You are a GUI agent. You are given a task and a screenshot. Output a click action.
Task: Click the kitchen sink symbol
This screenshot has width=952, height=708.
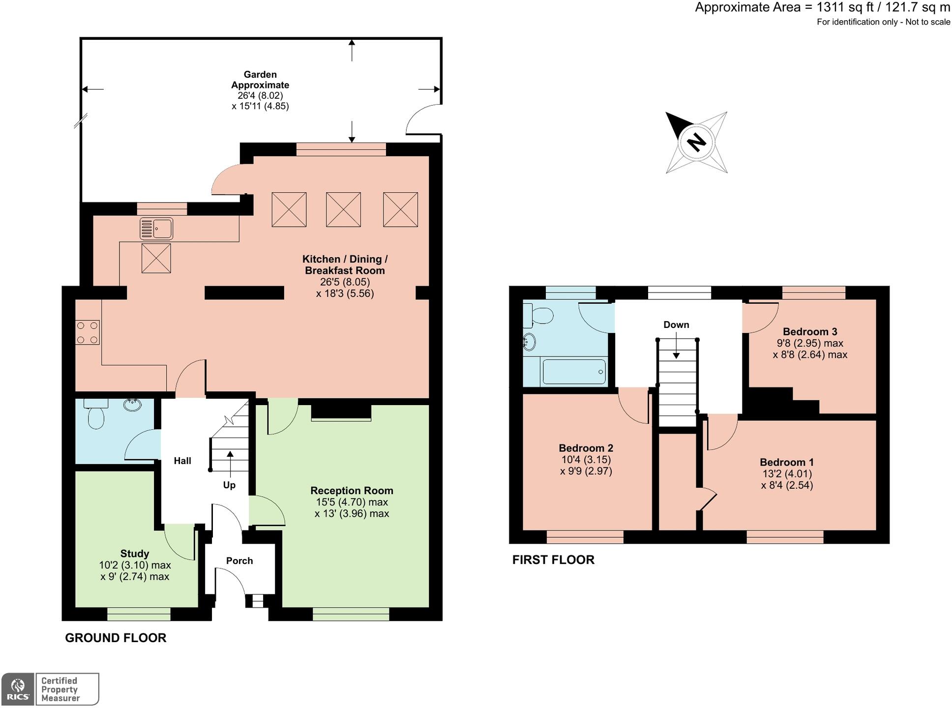click(x=156, y=229)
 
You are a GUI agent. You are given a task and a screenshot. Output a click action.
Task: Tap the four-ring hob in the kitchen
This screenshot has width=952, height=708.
click(x=87, y=332)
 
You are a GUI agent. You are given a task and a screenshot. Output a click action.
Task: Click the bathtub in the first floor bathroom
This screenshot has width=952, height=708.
click(x=574, y=372)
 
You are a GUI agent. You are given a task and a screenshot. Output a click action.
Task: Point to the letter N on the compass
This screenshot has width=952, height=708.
click(x=696, y=143)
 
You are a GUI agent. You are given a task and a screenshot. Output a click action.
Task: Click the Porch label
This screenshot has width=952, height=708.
click(x=239, y=561)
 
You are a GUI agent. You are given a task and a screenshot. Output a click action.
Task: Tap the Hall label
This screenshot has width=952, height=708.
click(x=182, y=461)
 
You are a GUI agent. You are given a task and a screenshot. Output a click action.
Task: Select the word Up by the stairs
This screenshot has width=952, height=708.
click(x=229, y=485)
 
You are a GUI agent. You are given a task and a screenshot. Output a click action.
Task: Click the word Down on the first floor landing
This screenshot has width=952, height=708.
click(x=676, y=324)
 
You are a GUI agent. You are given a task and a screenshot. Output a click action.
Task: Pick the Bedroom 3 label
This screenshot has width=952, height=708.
click(x=810, y=331)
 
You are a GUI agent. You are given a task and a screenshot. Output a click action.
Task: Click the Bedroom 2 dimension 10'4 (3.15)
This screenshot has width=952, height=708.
click(x=586, y=460)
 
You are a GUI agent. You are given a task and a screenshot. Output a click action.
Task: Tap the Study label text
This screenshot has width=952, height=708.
click(x=135, y=554)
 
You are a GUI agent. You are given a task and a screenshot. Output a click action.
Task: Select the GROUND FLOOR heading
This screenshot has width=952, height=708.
click(x=116, y=638)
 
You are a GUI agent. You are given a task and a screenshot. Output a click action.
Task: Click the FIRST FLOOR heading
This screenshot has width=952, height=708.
click(x=553, y=560)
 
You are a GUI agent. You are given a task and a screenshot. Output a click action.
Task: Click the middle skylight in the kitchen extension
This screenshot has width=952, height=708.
click(x=343, y=209)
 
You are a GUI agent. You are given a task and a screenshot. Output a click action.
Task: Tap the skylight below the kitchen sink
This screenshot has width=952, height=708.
click(x=156, y=258)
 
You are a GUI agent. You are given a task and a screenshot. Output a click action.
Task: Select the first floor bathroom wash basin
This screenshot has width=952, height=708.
click(x=529, y=341)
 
